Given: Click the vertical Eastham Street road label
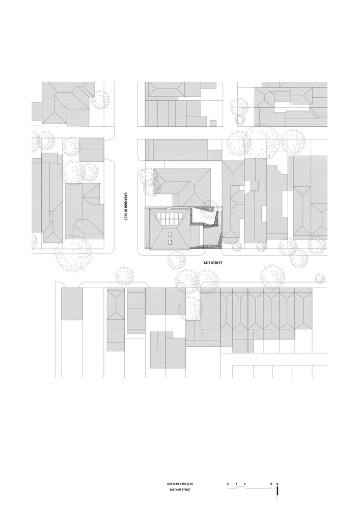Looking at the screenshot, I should [126, 206].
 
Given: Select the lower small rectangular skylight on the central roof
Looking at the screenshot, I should [170, 242].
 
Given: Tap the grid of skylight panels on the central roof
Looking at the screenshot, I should [171, 219].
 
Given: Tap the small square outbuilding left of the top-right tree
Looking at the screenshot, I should [212, 122].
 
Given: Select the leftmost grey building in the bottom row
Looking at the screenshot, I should [72, 304].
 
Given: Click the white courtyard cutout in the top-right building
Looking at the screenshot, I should [292, 107].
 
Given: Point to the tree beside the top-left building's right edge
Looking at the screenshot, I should [100, 100].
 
